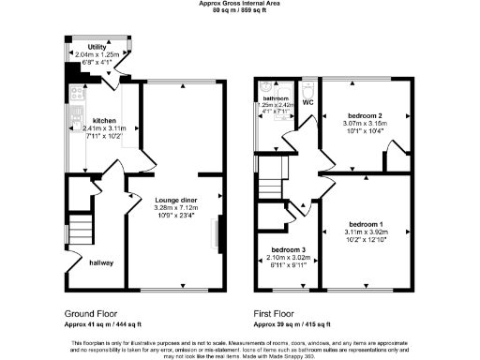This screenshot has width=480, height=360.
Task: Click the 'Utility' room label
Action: point(97,46)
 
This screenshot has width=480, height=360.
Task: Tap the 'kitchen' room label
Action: point(104,121)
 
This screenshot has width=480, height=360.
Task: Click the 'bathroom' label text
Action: point(275,98)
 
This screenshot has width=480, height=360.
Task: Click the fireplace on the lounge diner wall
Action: point(220,232)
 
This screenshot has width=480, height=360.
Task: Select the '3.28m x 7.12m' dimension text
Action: point(175,207)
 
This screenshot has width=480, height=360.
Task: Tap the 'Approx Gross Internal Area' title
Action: point(240,4)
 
